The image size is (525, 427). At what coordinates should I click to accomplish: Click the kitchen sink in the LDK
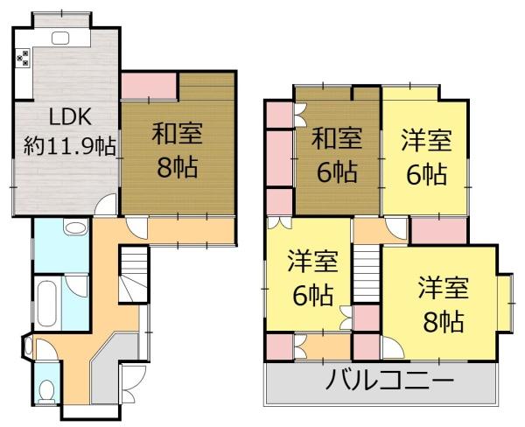(60, 37)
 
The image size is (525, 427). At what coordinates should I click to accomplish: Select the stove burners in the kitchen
(24, 58)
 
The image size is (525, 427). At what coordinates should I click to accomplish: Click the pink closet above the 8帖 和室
(149, 85)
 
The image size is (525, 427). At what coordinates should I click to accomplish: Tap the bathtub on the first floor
(47, 303)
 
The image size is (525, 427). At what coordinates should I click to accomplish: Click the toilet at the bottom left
(48, 389)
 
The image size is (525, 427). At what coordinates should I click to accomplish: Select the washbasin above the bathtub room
(75, 229)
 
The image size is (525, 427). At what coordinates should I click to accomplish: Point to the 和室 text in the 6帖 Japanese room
(337, 139)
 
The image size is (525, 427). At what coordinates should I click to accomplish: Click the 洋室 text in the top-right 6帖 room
(426, 140)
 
